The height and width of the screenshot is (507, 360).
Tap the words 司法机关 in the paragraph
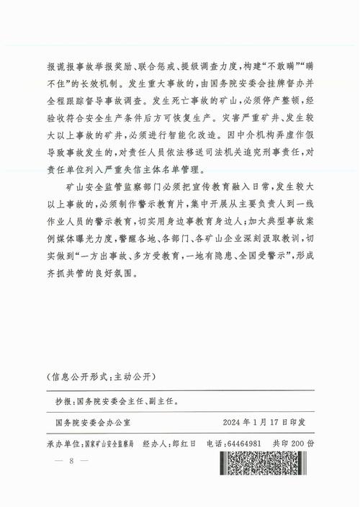pyautogui.click(x=207, y=154)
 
